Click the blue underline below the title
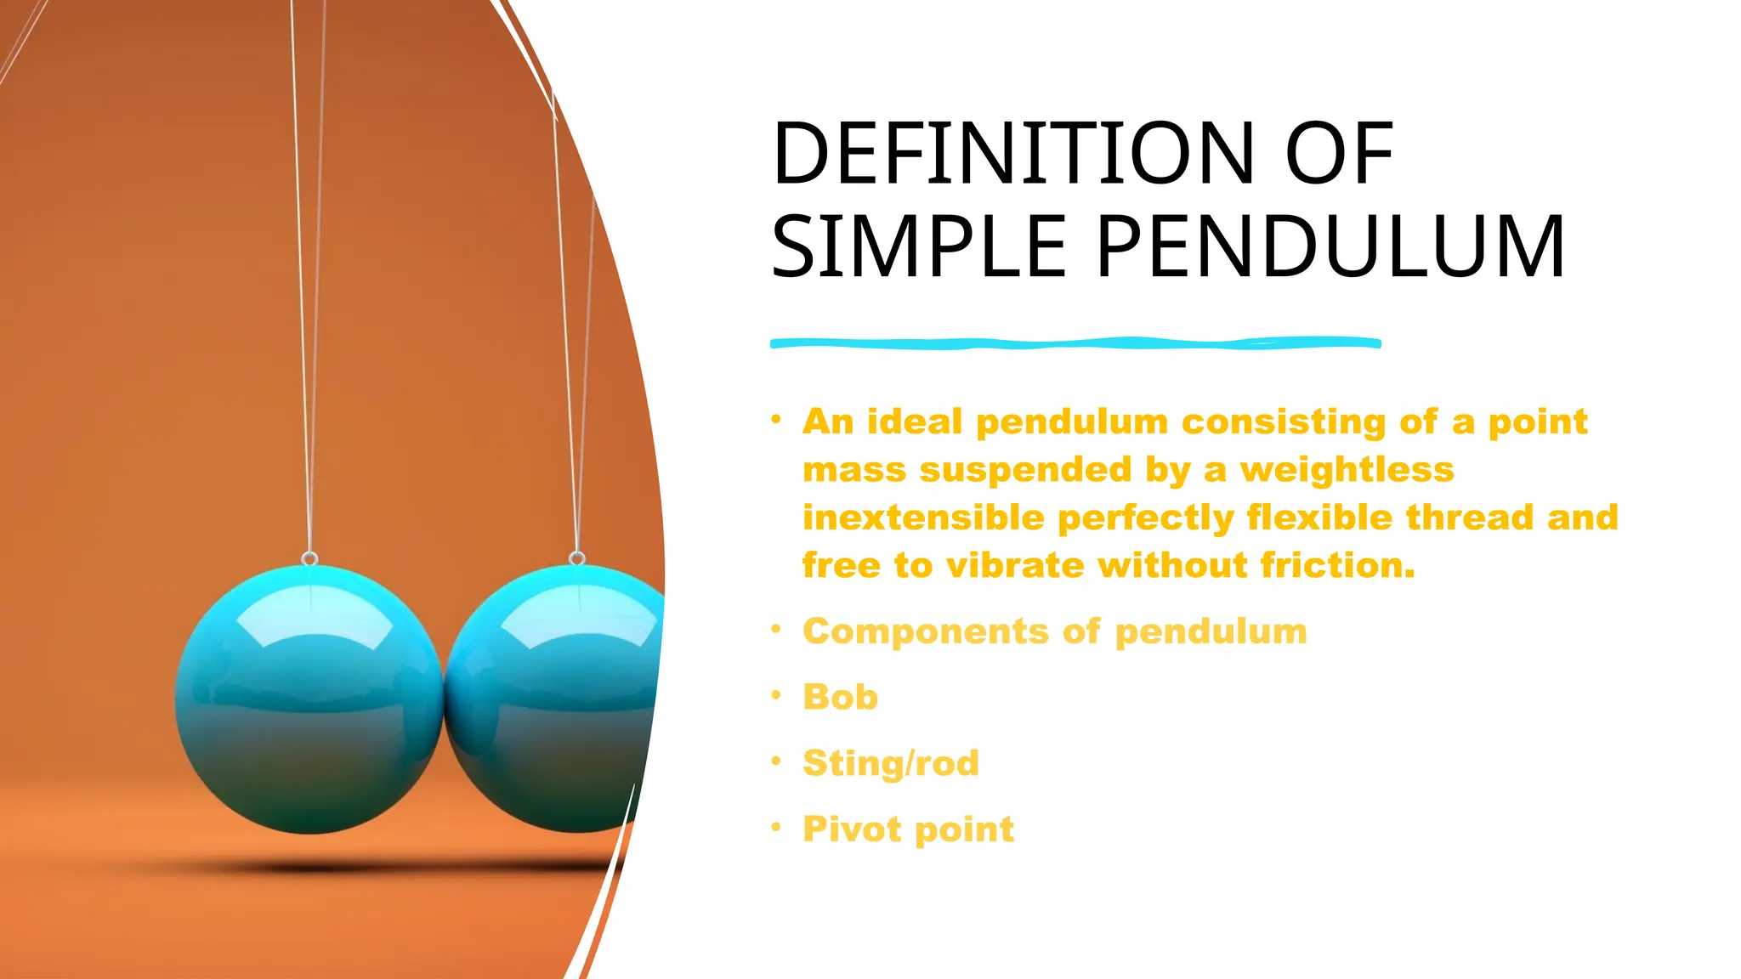click(x=1075, y=343)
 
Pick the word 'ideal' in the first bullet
click(x=915, y=422)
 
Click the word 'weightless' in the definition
click(x=1347, y=469)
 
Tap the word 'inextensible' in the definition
click(x=923, y=518)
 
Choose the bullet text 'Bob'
click(x=840, y=697)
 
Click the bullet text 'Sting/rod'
click(x=890, y=763)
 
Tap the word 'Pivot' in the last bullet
click(x=853, y=829)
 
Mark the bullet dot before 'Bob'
click(x=776, y=695)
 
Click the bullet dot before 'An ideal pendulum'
click(x=776, y=419)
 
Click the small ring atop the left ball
click(x=310, y=558)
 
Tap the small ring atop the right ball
click(x=577, y=558)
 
